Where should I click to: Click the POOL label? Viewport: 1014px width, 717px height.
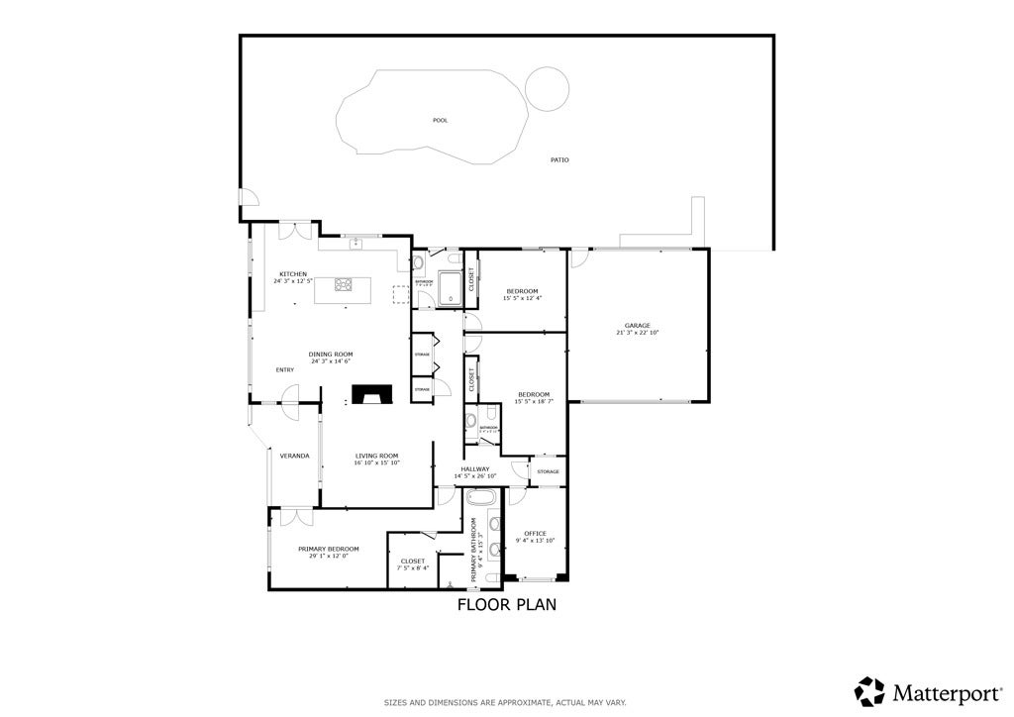coord(440,120)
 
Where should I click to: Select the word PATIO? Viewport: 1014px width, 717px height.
coord(559,159)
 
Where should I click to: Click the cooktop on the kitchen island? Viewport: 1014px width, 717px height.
coord(345,285)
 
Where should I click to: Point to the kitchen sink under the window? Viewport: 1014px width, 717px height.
coord(355,243)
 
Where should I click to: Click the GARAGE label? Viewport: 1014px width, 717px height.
coord(637,325)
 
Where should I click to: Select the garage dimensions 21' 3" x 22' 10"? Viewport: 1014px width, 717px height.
coord(637,333)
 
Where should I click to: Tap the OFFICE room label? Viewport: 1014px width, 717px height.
coord(535,533)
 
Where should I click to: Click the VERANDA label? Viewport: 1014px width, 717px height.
coord(294,456)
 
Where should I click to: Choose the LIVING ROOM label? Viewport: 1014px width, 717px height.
coord(377,456)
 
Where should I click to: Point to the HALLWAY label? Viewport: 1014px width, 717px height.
coord(475,468)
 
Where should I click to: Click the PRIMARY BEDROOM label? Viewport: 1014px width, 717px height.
coord(328,548)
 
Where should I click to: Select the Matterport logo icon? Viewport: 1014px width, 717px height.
coord(869,690)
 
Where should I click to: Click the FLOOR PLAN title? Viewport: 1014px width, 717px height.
coord(506,604)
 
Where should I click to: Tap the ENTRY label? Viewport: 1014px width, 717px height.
coord(285,369)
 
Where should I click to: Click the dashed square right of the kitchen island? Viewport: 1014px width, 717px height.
coord(401,294)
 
